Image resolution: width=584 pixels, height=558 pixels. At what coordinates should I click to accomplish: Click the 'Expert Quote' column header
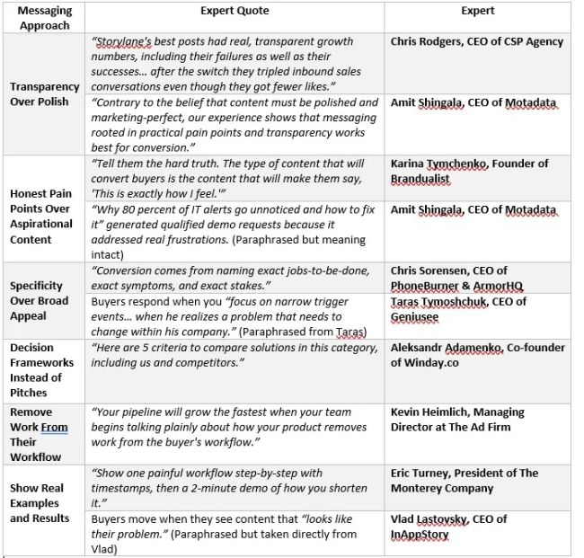coord(234,11)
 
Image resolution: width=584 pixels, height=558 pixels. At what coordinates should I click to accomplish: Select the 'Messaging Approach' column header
coord(44,18)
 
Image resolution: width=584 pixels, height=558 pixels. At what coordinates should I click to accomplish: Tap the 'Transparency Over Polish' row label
coord(44,94)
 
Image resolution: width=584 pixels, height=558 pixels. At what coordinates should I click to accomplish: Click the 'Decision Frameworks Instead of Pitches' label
coord(41,370)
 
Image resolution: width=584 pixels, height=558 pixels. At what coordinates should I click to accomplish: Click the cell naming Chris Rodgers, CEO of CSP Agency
coord(476,41)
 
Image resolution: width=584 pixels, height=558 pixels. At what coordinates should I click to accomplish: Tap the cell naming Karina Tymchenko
coord(469,171)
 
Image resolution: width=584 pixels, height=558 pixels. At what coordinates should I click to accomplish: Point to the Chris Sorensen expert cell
coord(461,278)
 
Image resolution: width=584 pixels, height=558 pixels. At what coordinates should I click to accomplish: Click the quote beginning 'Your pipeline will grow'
coord(234,426)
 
